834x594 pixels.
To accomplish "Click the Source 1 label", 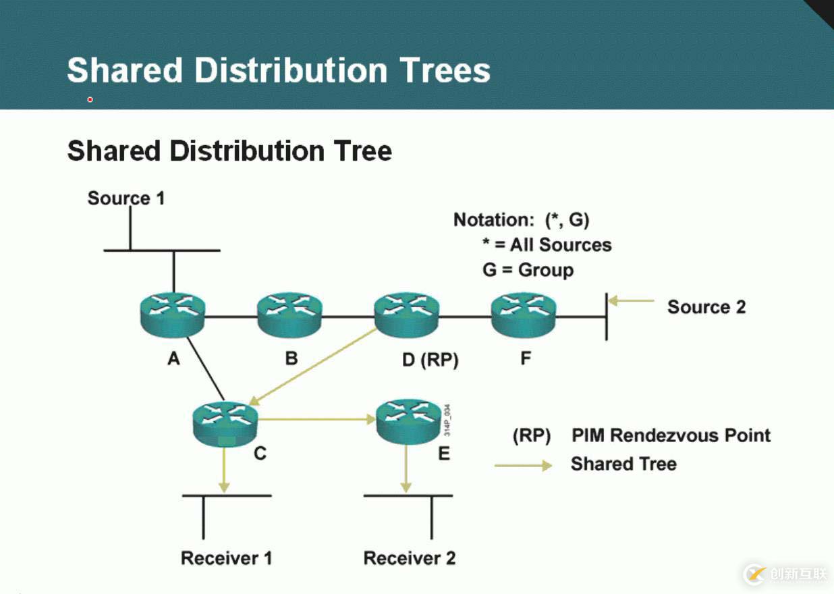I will pyautogui.click(x=126, y=198).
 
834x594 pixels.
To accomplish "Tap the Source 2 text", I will pyautogui.click(x=706, y=307).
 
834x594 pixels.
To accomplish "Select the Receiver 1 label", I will pyautogui.click(x=226, y=558).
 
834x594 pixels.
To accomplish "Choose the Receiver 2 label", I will pyautogui.click(x=409, y=558).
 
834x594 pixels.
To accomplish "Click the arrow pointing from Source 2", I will pyautogui.click(x=632, y=301).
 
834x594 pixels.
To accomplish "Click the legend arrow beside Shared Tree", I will pyautogui.click(x=523, y=465).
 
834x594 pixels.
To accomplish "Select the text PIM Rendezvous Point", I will pyautogui.click(x=671, y=435).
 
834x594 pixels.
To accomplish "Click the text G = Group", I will pyautogui.click(x=528, y=270).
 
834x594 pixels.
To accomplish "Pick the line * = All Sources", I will pyautogui.click(x=547, y=244).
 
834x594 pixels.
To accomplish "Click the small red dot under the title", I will pyautogui.click(x=90, y=100).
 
